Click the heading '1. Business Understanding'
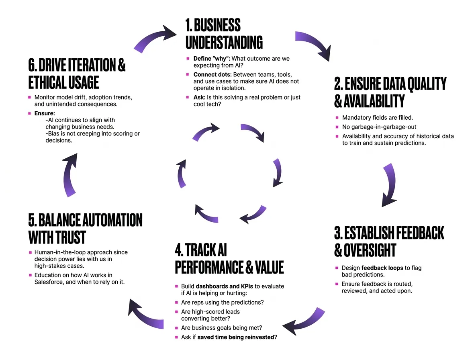click(224, 34)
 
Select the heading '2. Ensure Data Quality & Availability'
click(390, 92)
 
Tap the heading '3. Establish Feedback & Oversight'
click(388, 241)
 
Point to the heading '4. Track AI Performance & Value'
click(229, 258)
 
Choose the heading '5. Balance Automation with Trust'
click(85, 228)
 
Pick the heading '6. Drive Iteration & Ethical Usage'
click(77, 74)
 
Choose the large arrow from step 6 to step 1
click(155, 39)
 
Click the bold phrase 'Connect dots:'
click(212, 75)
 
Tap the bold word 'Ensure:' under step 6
click(45, 113)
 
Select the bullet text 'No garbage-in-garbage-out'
click(379, 127)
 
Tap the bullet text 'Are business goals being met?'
click(222, 327)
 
